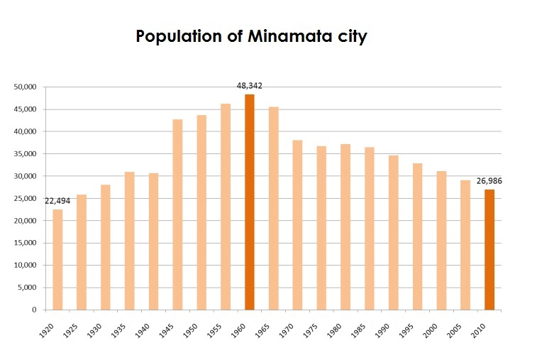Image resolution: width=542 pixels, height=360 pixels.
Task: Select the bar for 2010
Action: [x=489, y=249]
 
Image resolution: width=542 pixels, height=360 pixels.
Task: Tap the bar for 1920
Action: [x=57, y=259]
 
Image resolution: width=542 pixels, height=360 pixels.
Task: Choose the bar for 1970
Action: [x=297, y=224]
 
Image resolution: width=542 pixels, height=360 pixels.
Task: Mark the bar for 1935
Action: [x=129, y=241]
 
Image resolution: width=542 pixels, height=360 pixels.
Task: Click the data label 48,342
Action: [x=250, y=85]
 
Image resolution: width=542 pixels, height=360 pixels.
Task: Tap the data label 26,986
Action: [x=489, y=180]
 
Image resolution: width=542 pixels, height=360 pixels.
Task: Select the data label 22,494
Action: [x=58, y=201]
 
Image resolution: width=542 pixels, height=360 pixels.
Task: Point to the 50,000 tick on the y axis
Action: [x=25, y=87]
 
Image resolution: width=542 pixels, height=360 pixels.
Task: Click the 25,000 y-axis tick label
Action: [x=25, y=198]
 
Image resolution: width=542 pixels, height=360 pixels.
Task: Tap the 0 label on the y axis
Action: [x=35, y=310]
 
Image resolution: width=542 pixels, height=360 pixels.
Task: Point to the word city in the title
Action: [x=351, y=37]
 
